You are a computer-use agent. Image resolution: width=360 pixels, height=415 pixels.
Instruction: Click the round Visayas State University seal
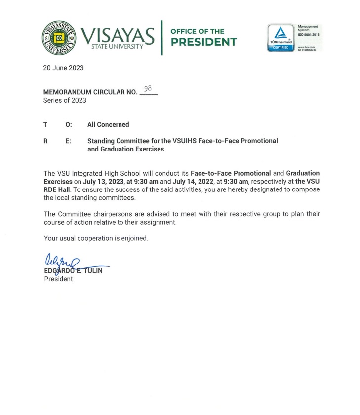click(x=59, y=38)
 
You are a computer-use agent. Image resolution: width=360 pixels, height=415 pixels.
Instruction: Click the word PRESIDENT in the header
click(x=203, y=42)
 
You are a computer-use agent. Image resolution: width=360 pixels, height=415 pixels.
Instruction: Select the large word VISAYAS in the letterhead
click(x=118, y=35)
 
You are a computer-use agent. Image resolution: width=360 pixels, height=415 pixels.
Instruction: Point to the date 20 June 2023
click(x=63, y=68)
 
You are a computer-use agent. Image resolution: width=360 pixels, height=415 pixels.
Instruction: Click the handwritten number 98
click(x=148, y=88)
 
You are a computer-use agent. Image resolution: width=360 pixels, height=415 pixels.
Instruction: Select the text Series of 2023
click(x=65, y=100)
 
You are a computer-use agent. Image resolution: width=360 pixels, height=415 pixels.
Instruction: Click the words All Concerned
click(x=108, y=125)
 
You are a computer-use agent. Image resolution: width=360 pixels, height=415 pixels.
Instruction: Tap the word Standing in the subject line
click(x=102, y=141)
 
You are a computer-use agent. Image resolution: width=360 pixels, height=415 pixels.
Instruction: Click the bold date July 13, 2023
click(x=103, y=181)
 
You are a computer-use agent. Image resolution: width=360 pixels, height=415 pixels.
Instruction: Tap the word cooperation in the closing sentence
click(x=93, y=238)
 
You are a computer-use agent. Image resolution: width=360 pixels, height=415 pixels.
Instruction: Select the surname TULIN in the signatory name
click(x=93, y=270)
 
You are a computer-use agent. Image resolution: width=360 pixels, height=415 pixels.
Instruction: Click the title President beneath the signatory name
click(x=58, y=279)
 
